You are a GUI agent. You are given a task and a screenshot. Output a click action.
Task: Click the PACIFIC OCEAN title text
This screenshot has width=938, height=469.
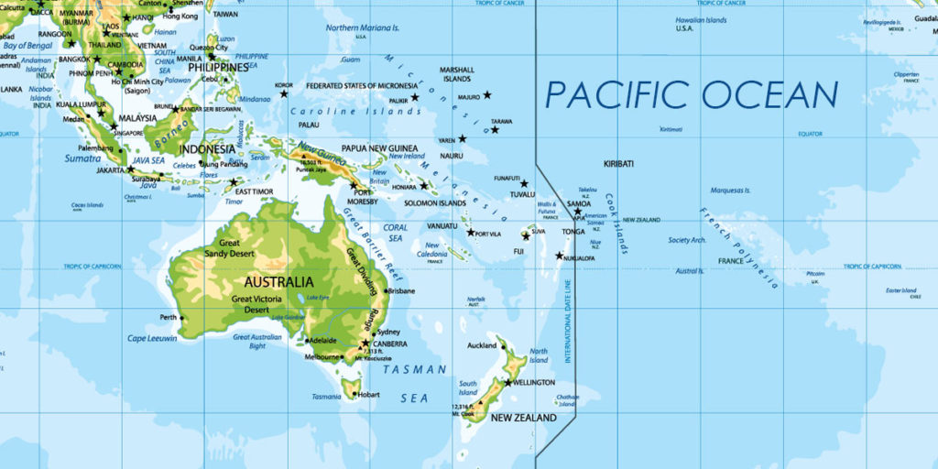692,95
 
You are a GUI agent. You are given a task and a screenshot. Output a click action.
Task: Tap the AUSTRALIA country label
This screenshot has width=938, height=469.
278,281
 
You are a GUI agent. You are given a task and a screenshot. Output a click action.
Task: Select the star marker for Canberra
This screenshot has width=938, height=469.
365,344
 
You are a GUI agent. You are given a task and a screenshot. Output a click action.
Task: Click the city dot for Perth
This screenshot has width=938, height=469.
181,318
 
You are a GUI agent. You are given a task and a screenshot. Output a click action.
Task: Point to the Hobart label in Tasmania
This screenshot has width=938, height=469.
368,395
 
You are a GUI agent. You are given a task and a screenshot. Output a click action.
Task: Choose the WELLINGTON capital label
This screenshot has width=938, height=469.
534,382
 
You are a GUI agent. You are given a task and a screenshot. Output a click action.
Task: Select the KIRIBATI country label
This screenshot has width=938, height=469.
618,163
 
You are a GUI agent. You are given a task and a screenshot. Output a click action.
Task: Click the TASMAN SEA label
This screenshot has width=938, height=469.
415,383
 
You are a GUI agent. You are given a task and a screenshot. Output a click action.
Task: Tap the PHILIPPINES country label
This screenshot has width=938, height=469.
218,68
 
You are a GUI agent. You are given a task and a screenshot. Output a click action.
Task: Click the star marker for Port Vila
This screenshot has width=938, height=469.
471,233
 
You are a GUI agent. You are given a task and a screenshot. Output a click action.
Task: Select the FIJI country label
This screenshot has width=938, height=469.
518,251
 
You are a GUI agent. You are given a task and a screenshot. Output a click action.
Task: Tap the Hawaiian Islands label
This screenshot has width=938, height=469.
702,19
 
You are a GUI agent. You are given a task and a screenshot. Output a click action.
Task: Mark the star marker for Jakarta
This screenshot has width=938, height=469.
130,169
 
